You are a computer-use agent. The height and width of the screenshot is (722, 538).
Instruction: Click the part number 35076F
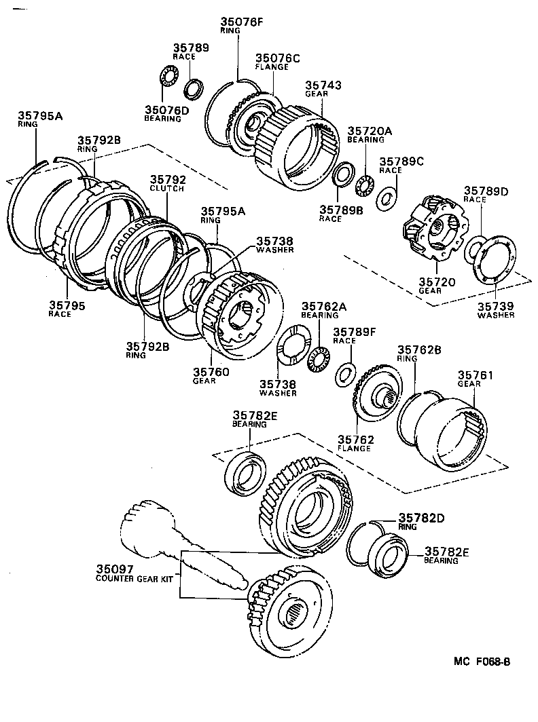click(240, 21)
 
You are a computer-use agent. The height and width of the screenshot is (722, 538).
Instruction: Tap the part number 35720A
click(370, 130)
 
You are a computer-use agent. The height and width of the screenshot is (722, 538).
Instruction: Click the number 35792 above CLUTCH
click(167, 180)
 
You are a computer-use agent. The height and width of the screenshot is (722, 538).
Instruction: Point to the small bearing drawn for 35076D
click(166, 76)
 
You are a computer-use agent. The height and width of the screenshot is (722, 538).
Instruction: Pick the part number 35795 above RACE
click(67, 305)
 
